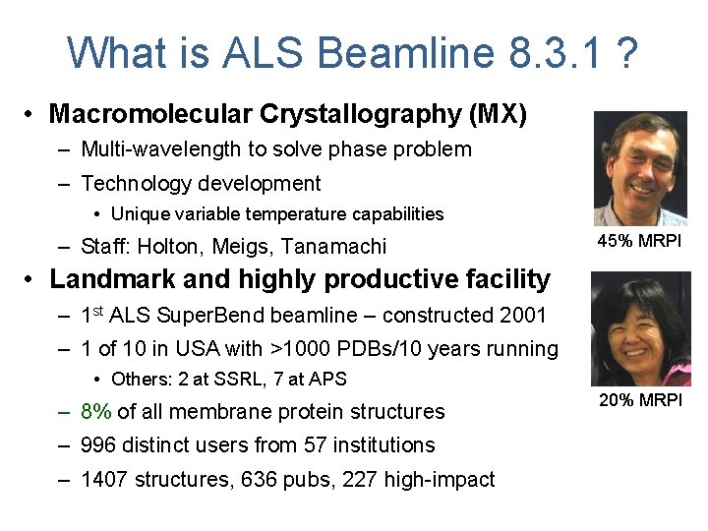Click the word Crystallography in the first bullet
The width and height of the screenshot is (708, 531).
pyautogui.click(x=360, y=114)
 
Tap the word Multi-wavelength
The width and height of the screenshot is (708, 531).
pyautogui.click(x=160, y=149)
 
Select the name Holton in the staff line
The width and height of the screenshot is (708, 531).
pyautogui.click(x=173, y=247)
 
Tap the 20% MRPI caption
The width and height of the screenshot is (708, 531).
pyautogui.click(x=640, y=400)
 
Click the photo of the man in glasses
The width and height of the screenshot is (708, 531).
pyautogui.click(x=640, y=168)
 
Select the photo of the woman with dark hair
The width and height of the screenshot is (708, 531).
pyautogui.click(x=640, y=329)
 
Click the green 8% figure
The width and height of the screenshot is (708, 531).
pyautogui.click(x=96, y=412)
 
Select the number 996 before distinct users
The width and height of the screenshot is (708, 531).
pyautogui.click(x=100, y=445)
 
